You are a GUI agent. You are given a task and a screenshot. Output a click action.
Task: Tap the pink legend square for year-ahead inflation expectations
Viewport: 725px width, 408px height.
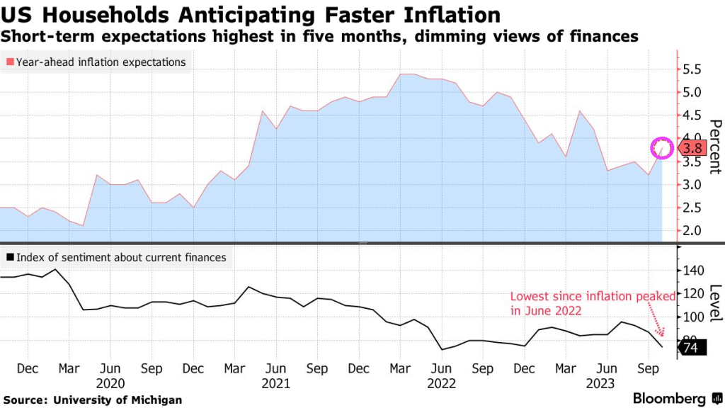point(9,62)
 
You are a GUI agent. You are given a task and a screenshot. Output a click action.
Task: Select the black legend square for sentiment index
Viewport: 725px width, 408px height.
point(9,258)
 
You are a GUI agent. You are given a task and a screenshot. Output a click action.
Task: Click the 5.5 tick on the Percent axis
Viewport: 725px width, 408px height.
point(692,69)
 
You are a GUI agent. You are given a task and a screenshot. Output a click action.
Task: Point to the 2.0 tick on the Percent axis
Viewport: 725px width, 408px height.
point(692,231)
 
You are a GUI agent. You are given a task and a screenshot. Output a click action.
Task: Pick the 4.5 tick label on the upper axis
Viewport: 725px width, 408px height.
point(692,115)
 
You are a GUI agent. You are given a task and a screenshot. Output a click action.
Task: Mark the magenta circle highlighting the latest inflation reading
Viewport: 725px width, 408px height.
point(663,147)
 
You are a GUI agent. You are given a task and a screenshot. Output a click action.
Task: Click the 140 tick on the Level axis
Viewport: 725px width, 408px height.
point(693,271)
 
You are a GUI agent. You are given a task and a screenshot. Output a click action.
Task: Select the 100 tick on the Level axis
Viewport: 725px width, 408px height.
point(693,317)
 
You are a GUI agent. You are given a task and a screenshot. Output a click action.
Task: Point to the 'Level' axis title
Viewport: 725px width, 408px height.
point(714,301)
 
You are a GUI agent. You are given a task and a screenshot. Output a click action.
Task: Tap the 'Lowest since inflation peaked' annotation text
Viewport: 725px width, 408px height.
point(592,303)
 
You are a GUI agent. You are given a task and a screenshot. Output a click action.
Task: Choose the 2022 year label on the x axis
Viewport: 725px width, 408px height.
point(440,383)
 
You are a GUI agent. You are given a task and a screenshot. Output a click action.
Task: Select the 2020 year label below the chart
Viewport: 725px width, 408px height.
point(110,383)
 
